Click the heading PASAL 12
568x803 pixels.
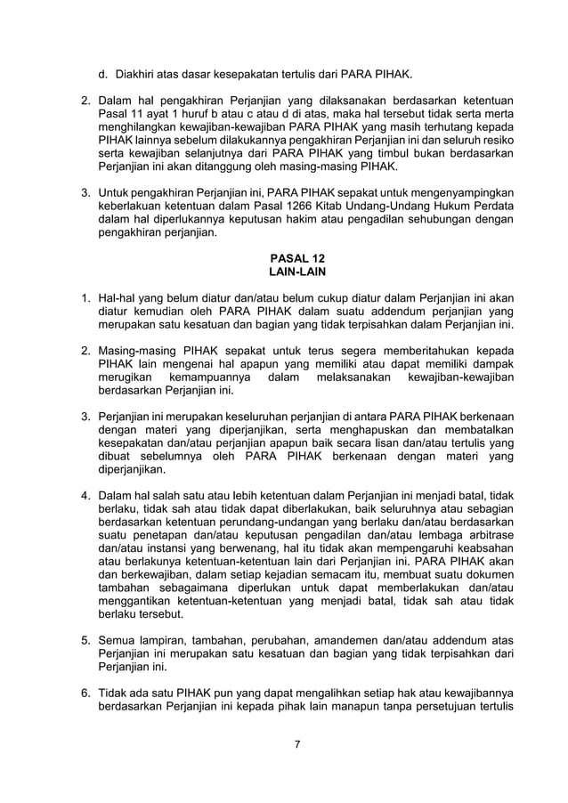click(x=286, y=257)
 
